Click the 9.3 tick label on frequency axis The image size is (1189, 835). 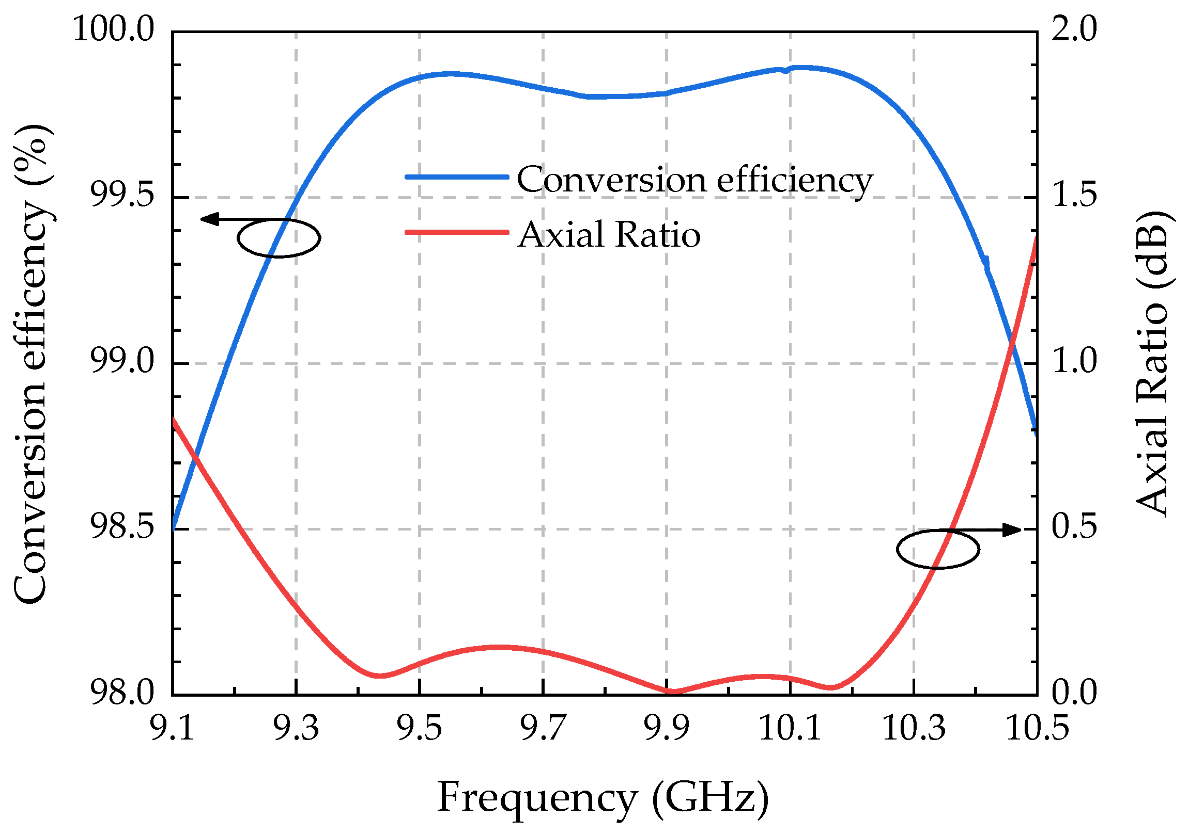pyautogui.click(x=296, y=728)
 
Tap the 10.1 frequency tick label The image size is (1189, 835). pyautogui.click(x=790, y=728)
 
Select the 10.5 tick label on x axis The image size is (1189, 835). pyautogui.click(x=1037, y=728)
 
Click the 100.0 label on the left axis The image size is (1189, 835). pyautogui.click(x=113, y=29)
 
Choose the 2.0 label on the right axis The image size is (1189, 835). pyautogui.click(x=1074, y=29)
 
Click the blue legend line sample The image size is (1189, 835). pyautogui.click(x=456, y=177)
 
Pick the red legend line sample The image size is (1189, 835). pyautogui.click(x=456, y=232)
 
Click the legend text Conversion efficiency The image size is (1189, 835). pyautogui.click(x=694, y=180)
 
